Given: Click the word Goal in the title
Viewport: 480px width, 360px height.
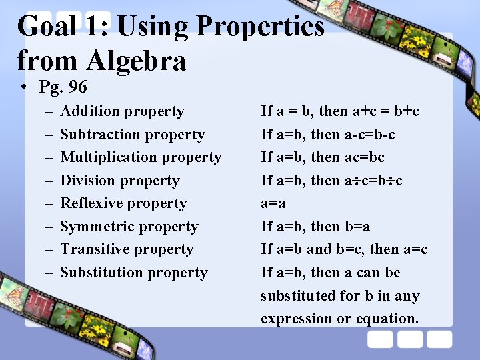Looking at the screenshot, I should [46, 27].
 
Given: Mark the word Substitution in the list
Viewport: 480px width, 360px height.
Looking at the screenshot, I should [99, 273].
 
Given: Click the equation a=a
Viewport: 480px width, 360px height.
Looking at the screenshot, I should [273, 203].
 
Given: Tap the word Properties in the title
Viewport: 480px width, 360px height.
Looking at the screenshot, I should [260, 27].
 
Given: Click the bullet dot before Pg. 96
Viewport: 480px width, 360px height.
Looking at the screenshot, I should [23, 88].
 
